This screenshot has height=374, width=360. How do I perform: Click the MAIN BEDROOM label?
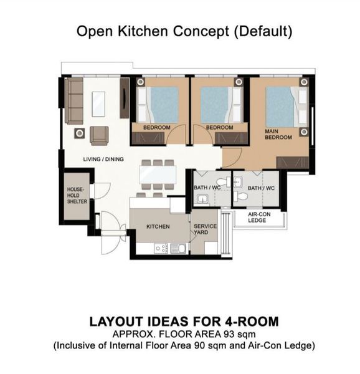click(x=278, y=134)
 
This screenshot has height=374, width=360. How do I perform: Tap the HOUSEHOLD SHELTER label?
click(x=77, y=195)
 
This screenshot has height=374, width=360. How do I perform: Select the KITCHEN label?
click(x=158, y=227)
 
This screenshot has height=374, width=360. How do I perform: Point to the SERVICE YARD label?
click(x=205, y=229)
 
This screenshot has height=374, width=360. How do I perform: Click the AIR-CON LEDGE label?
click(x=259, y=217)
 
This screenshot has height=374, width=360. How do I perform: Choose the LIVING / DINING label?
click(x=103, y=159)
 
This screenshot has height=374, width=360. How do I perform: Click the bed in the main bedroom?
click(x=287, y=107)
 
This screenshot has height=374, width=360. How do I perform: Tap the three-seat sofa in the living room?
click(x=74, y=101)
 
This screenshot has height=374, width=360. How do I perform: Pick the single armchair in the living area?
click(x=99, y=136)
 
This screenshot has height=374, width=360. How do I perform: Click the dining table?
click(x=158, y=175)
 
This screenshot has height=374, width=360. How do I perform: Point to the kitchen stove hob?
click(x=161, y=248)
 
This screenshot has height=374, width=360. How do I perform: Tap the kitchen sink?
click(x=179, y=248)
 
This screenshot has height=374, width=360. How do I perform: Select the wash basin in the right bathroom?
click(x=239, y=181)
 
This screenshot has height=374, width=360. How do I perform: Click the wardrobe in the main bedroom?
click(x=293, y=162)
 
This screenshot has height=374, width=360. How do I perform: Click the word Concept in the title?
click(x=201, y=31)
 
